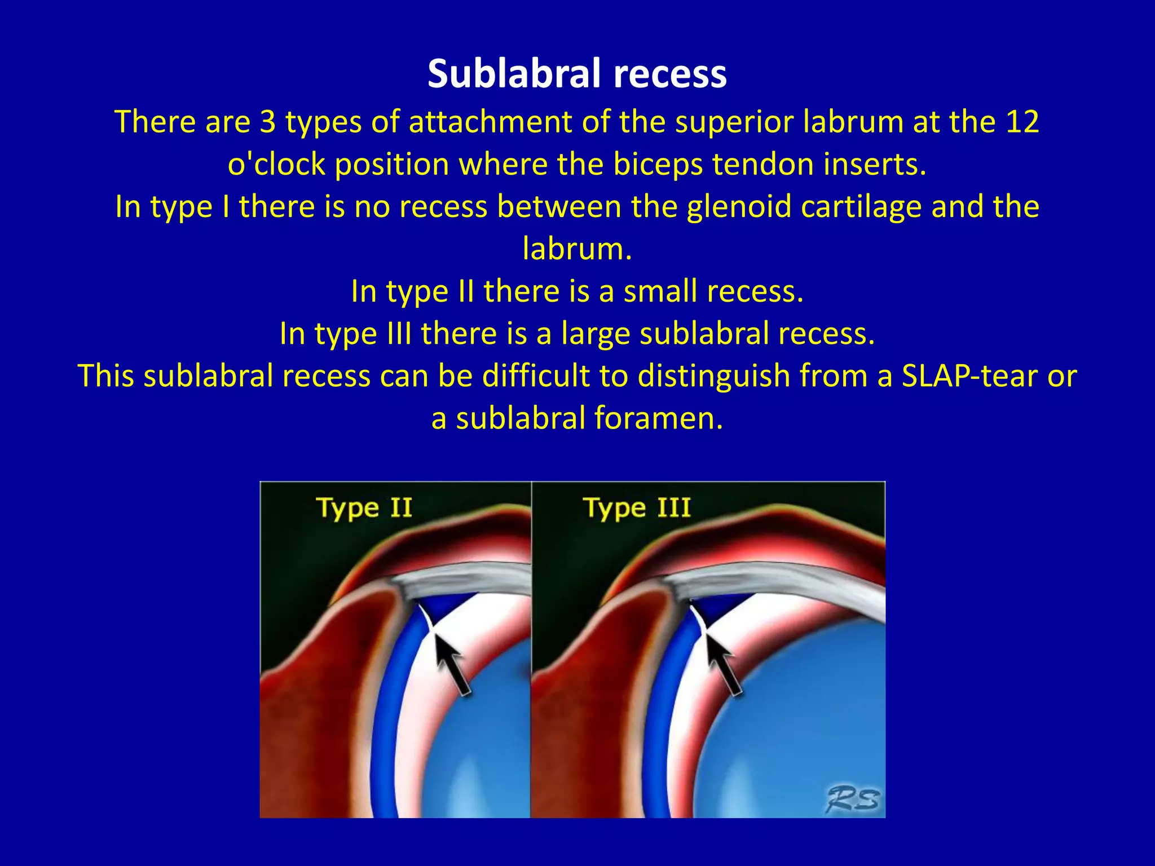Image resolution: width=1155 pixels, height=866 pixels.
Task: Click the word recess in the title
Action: click(x=670, y=74)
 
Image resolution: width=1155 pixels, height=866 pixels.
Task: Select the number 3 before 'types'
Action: click(x=267, y=122)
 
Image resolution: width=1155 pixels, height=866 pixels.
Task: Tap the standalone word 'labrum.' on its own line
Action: click(x=577, y=249)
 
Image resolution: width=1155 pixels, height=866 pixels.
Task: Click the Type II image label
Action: click(x=364, y=507)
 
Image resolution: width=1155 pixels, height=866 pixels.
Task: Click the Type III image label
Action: click(x=637, y=507)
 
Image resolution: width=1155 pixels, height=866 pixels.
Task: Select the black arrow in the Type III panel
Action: click(x=723, y=665)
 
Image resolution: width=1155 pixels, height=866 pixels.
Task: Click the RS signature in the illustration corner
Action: click(x=852, y=799)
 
